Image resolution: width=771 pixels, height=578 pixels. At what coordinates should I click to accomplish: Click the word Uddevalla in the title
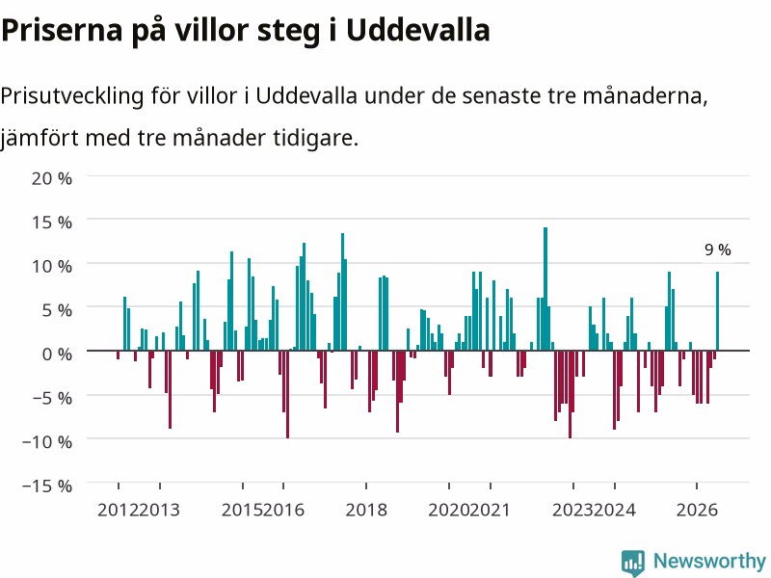pyautogui.click(x=418, y=30)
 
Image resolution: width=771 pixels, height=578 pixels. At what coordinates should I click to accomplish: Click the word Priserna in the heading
pyautogui.click(x=62, y=31)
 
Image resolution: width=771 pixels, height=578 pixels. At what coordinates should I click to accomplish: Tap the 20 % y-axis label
pyautogui.click(x=52, y=178)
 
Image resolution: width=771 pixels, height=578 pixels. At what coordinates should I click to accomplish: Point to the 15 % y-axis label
pyautogui.click(x=52, y=223)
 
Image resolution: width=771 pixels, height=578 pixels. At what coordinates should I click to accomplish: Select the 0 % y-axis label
pyautogui.click(x=57, y=354)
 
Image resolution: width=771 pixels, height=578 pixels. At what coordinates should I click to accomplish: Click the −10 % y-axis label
pyautogui.click(x=47, y=442)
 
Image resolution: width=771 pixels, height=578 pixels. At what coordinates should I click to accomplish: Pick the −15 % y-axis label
pyautogui.click(x=47, y=486)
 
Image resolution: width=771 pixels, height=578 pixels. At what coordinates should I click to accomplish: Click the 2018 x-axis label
pyautogui.click(x=366, y=510)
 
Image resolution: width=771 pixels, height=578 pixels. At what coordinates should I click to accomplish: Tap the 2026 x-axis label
pyautogui.click(x=697, y=510)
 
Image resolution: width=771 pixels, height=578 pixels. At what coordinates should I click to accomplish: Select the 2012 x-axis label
pyautogui.click(x=118, y=510)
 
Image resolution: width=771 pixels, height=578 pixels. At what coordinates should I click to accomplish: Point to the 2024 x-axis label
pyautogui.click(x=615, y=510)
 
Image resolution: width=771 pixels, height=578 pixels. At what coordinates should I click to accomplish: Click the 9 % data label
pyautogui.click(x=717, y=250)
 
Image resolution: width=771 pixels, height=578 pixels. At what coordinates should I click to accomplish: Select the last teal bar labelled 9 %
pyautogui.click(x=717, y=311)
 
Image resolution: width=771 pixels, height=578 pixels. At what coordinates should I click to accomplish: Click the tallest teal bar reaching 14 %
pyautogui.click(x=545, y=289)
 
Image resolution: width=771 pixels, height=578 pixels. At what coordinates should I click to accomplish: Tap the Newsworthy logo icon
pyautogui.click(x=633, y=563)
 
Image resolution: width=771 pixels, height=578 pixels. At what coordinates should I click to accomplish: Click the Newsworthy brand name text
pyautogui.click(x=709, y=561)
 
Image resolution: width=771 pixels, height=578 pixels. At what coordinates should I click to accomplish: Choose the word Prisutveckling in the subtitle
pyautogui.click(x=71, y=96)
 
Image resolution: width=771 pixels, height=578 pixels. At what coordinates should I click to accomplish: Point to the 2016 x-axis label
pyautogui.click(x=283, y=510)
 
